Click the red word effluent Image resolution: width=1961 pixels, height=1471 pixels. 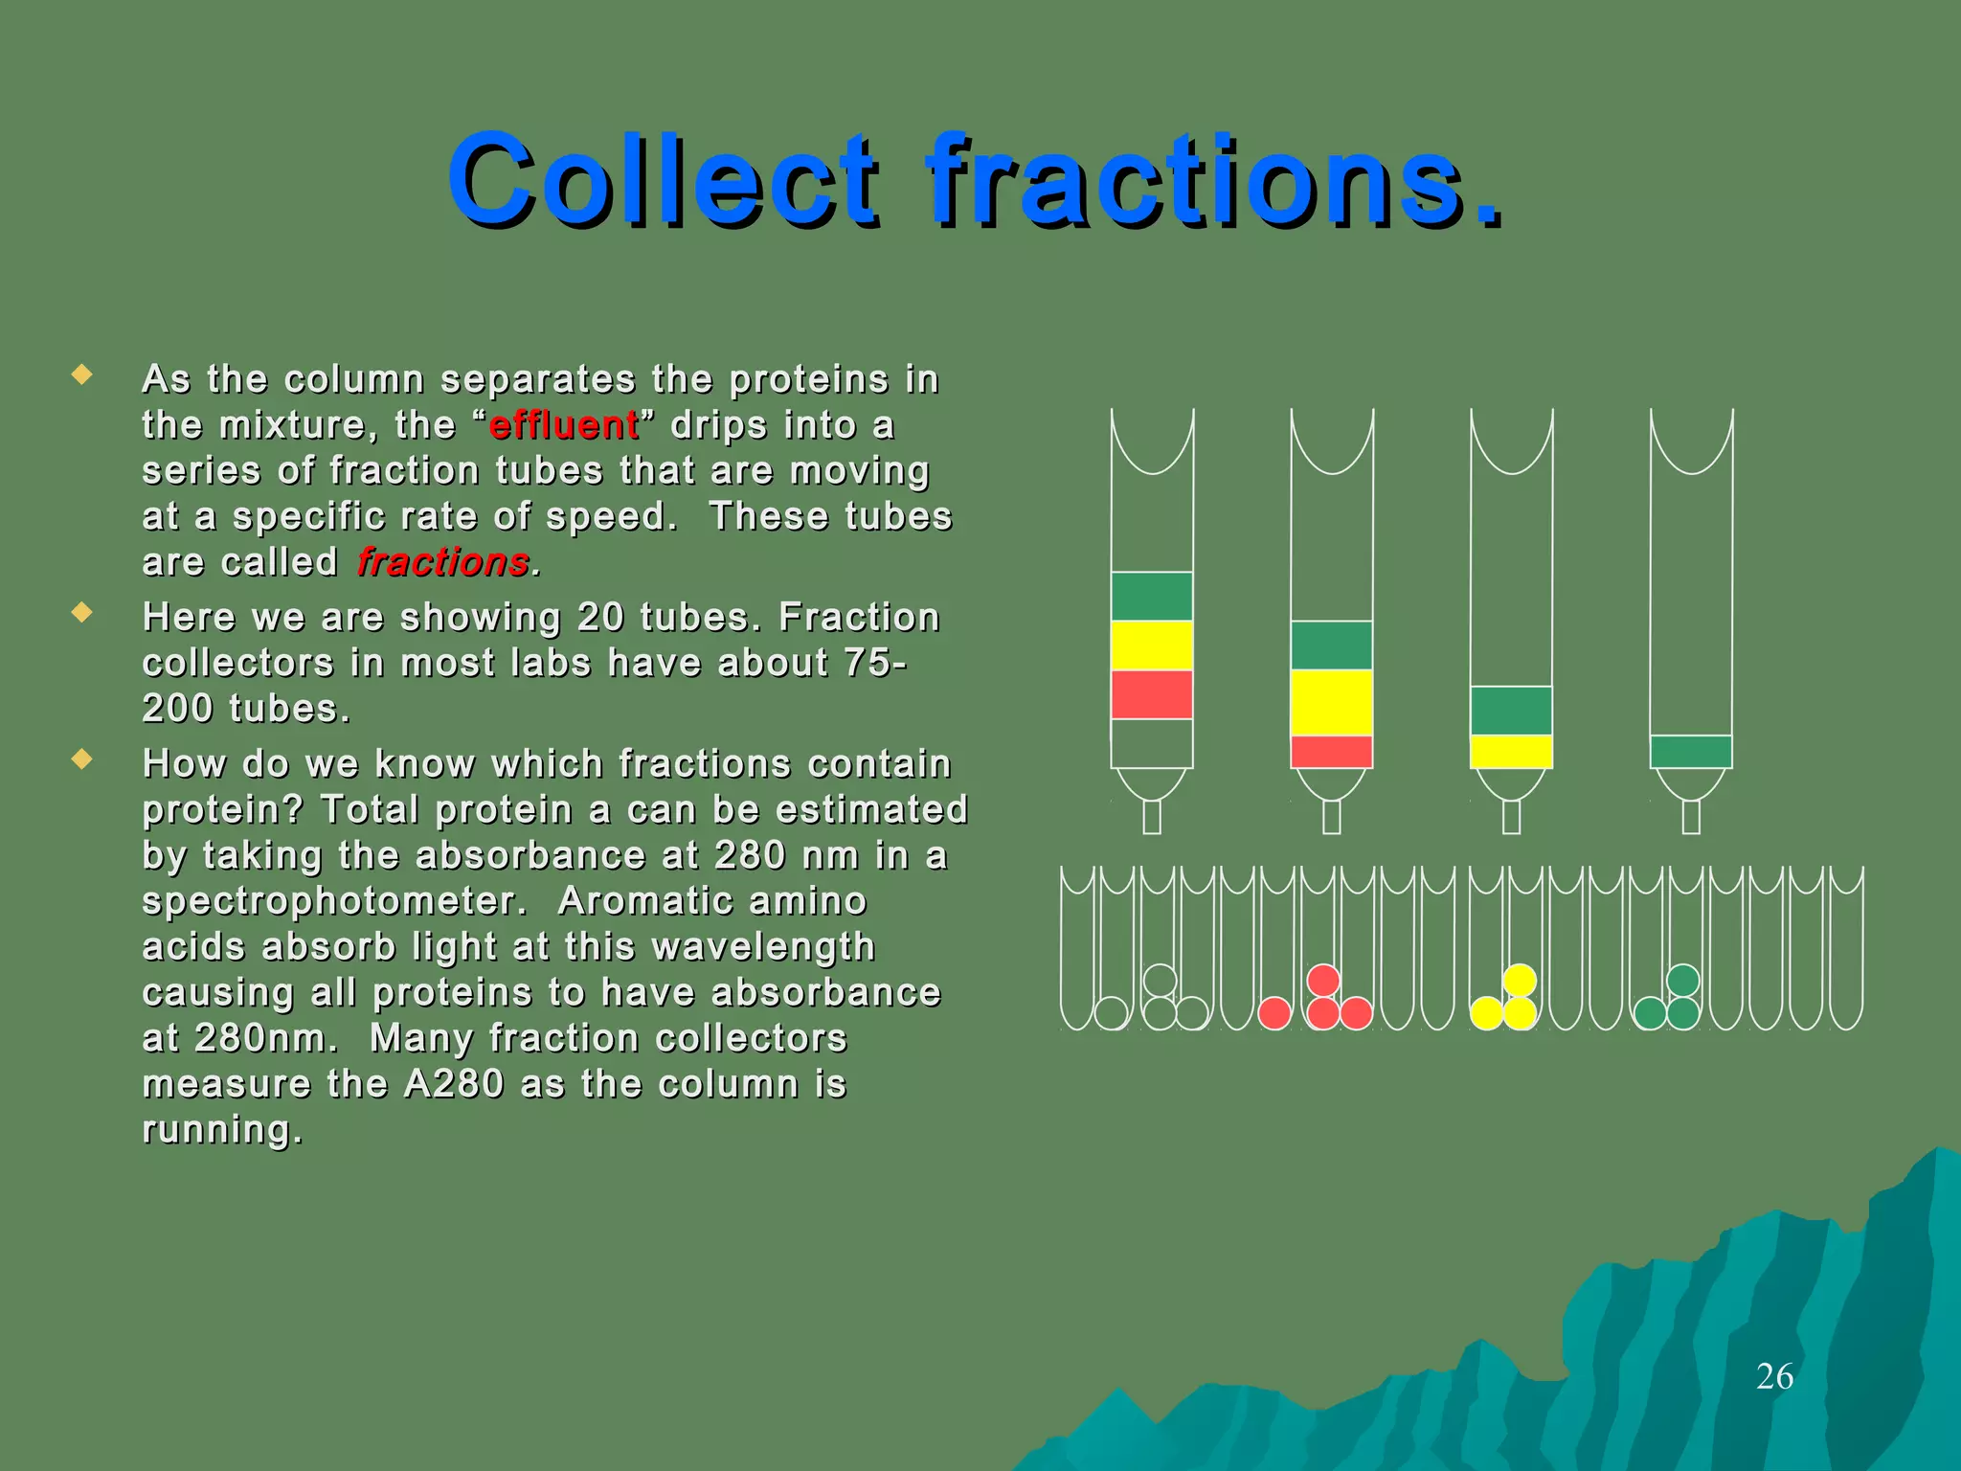coord(564,425)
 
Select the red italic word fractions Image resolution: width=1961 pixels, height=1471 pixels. coord(443,562)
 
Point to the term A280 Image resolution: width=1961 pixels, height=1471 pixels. coord(454,1084)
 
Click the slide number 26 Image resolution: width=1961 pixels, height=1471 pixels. coord(1774,1376)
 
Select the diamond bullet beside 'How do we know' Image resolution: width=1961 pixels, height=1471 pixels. coord(82,760)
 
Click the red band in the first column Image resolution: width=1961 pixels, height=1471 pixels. coord(1152,694)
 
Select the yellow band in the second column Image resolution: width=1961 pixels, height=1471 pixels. coord(1331,702)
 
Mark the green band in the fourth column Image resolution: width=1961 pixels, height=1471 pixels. coord(1691,751)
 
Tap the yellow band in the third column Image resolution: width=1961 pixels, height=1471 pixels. coord(1511,751)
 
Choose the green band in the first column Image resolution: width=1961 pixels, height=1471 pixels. coord(1152,596)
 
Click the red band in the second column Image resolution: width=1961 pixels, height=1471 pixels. coord(1331,751)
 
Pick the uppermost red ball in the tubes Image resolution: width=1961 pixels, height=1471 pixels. coord(1322,980)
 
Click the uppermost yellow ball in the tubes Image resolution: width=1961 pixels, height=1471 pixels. coord(1520,980)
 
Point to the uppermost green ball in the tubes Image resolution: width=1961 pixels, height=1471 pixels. coord(1682,980)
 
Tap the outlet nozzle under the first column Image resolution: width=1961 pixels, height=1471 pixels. coord(1152,817)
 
